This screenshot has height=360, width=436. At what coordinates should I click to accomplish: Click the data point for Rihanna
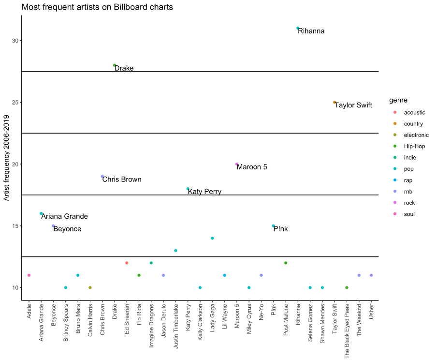298,28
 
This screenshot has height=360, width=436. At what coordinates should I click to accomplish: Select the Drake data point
115,65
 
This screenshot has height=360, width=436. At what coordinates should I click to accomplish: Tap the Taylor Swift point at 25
334,103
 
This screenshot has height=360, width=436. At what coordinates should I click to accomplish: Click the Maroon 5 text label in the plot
252,167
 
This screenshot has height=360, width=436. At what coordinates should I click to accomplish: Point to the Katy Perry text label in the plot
204,192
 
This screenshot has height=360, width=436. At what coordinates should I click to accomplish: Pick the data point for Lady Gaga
212,238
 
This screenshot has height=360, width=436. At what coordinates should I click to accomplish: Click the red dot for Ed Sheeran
127,263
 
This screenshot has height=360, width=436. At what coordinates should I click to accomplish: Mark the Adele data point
29,275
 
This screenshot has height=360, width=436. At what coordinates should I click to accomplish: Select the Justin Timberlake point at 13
175,251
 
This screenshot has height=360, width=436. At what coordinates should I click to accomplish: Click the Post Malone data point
286,263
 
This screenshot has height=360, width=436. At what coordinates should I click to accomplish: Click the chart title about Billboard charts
97,7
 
